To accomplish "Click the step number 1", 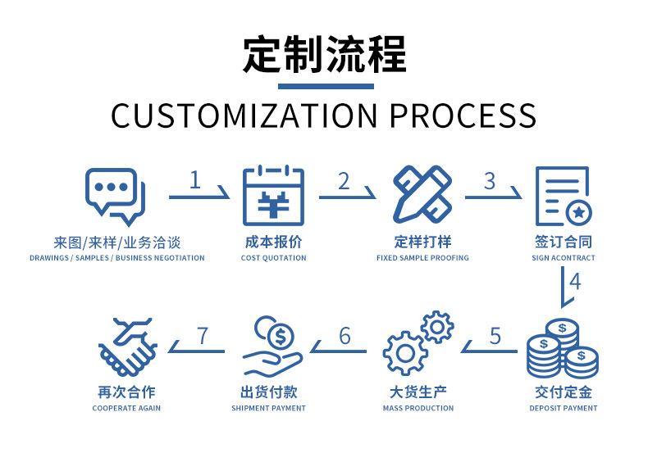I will [x=194, y=180].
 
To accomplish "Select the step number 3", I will [x=490, y=180].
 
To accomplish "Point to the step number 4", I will [x=575, y=282].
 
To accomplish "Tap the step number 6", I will [x=345, y=336].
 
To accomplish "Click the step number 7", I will [x=203, y=336].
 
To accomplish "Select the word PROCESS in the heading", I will [x=463, y=116].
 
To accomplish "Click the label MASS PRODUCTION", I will [x=418, y=408].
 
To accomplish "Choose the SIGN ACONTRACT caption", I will [x=564, y=258].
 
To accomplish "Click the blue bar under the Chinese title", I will [x=325, y=85].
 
